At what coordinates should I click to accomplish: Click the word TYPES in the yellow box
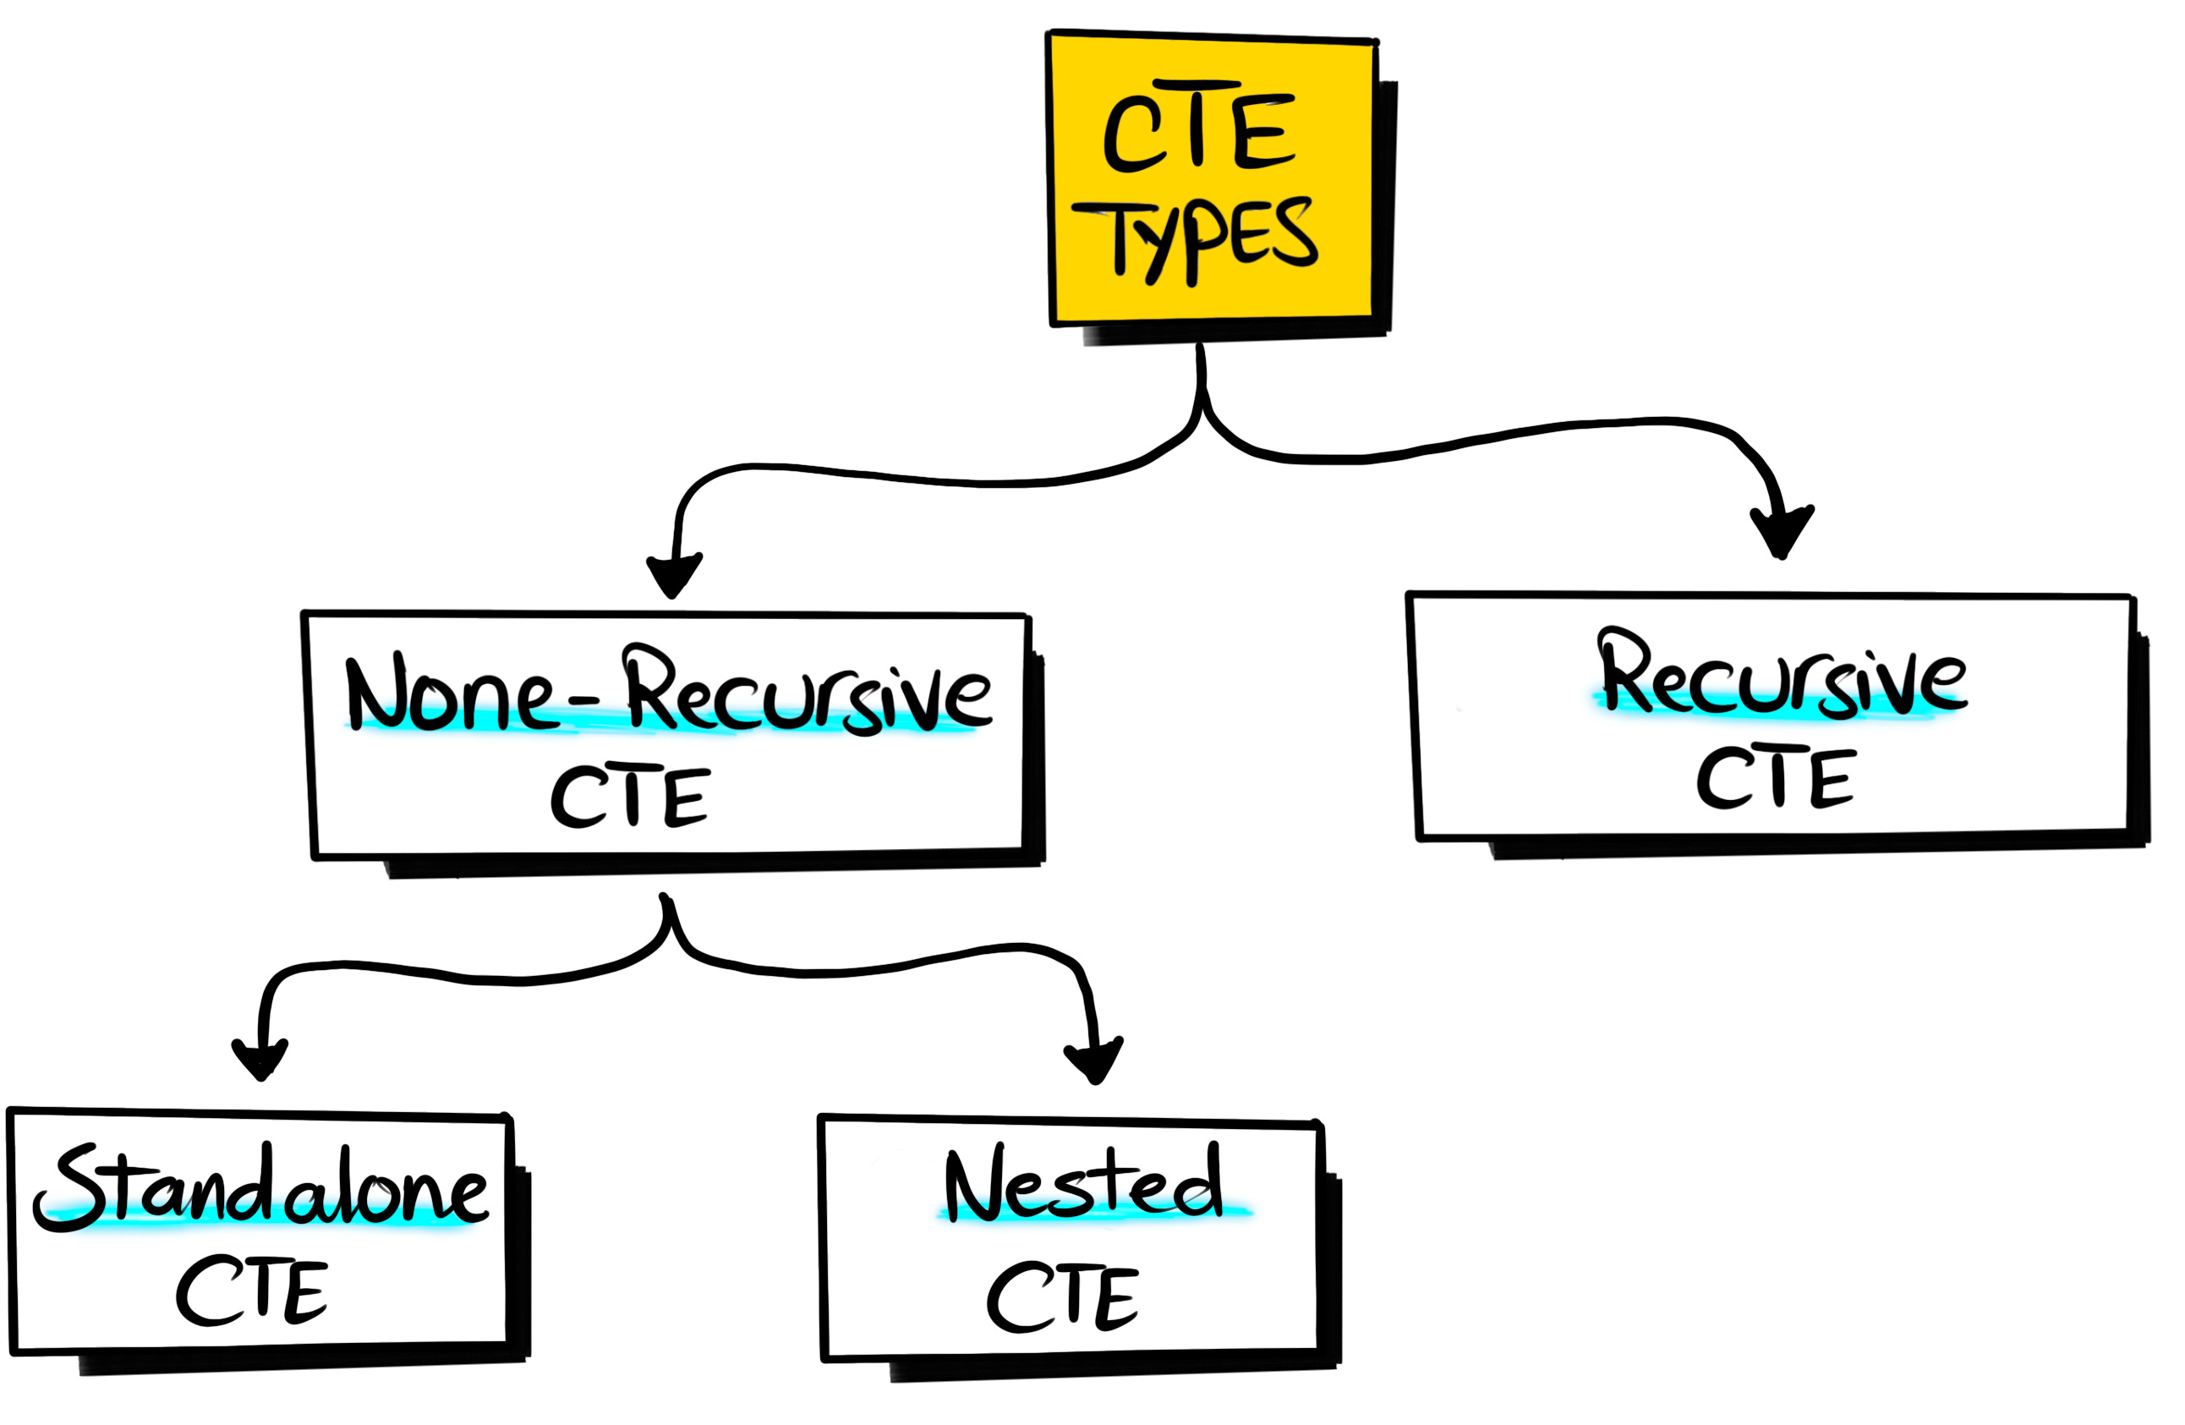click(1193, 237)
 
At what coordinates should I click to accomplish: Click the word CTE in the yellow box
click(1198, 129)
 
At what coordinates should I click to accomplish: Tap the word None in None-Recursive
click(450, 695)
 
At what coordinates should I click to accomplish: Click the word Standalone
click(261, 1189)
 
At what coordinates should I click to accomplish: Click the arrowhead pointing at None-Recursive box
click(674, 577)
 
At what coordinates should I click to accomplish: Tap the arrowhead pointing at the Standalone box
click(260, 1061)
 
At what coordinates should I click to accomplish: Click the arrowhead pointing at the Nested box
click(1093, 1063)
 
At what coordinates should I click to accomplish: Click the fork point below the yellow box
click(1201, 404)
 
